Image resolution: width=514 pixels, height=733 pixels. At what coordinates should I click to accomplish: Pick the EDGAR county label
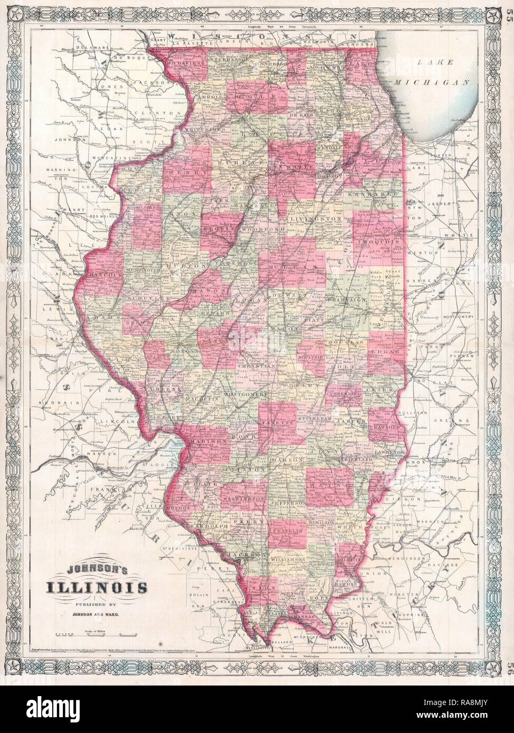pos(387,352)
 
